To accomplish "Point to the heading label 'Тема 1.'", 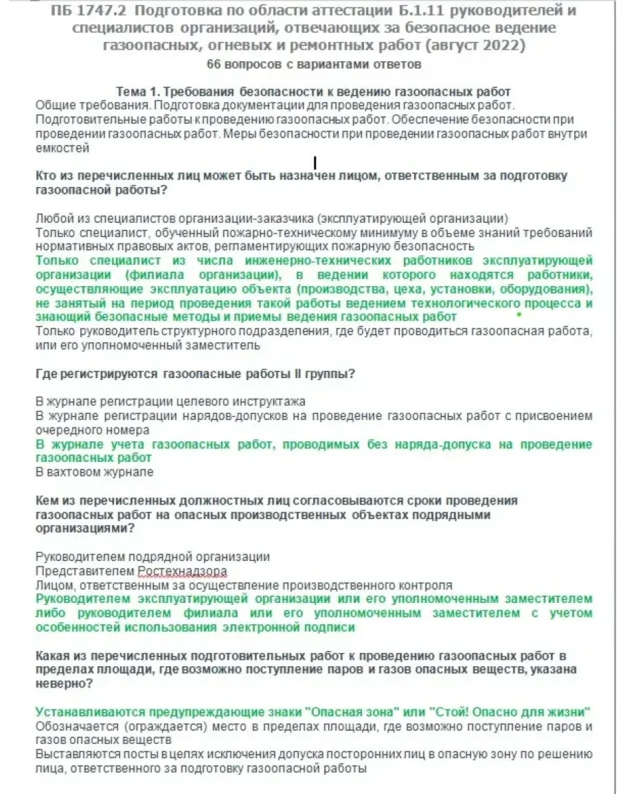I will point(135,92).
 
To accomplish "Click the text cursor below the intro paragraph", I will point(315,163).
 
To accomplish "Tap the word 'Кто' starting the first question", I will point(47,176).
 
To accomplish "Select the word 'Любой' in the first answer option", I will point(52,219).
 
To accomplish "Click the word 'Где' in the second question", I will point(47,374).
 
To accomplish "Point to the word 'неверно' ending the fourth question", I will point(60,684).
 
